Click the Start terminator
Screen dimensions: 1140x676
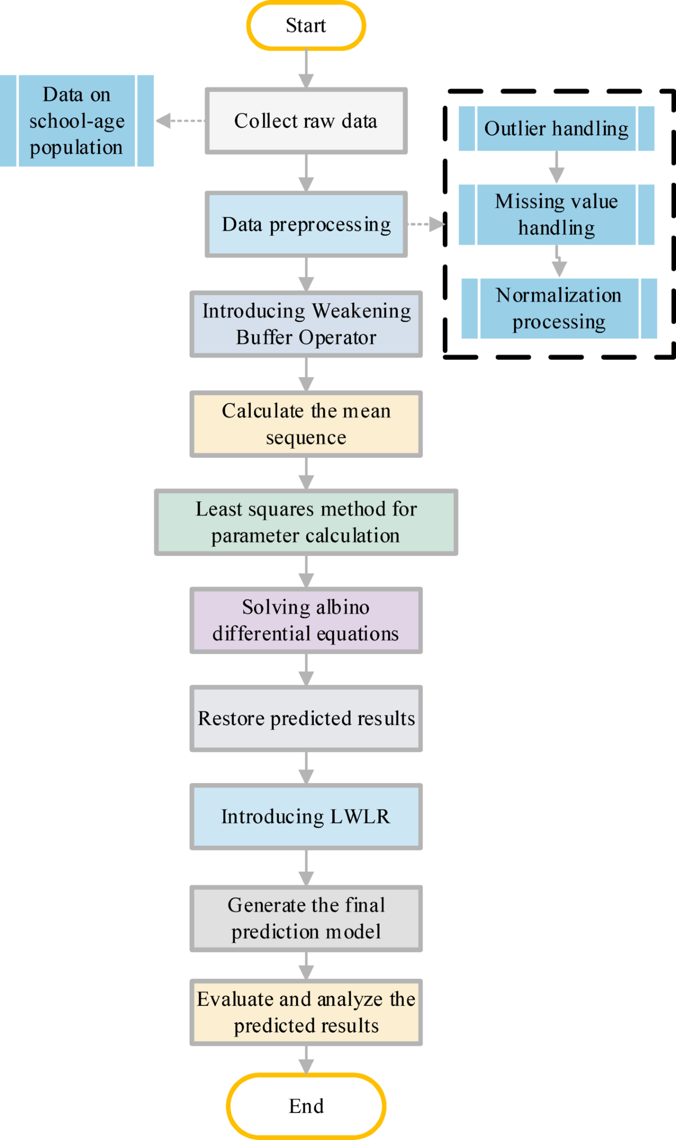tap(306, 25)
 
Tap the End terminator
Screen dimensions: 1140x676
tap(306, 1106)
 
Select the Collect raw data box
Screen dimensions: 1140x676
tap(306, 121)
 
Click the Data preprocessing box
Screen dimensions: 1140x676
tap(306, 224)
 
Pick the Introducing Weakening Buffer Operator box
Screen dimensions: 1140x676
tap(306, 324)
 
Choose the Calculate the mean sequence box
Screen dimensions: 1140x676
tap(306, 424)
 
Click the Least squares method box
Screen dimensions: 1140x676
tap(306, 522)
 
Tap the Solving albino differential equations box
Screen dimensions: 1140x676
tap(306, 620)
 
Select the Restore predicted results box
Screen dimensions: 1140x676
tap(306, 718)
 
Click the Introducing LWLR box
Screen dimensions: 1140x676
tap(306, 816)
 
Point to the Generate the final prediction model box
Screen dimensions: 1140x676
tap(306, 918)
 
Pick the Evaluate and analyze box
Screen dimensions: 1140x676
tap(306, 1013)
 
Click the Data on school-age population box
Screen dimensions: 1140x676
tap(77, 121)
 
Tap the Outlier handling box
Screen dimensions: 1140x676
tap(557, 129)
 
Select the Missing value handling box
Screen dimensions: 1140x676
tap(557, 214)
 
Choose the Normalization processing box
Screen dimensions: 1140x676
tap(559, 308)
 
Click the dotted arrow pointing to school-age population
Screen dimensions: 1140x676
tap(180, 121)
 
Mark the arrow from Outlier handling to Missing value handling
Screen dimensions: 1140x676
tap(557, 167)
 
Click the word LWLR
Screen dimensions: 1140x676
tap(360, 816)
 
